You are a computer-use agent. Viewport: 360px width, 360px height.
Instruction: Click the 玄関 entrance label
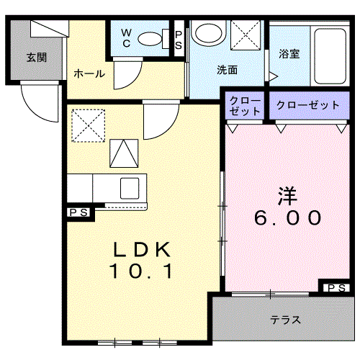point(37,57)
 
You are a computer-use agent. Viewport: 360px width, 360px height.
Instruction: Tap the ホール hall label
point(89,74)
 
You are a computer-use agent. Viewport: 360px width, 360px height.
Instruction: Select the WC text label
point(126,37)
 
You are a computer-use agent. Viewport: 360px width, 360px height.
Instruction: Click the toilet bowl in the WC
point(152,39)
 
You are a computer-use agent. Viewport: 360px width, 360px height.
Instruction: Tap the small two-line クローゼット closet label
point(246,106)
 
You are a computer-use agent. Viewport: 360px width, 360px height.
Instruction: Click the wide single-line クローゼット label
point(307,105)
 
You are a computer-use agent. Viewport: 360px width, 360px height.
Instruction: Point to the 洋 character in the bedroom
point(287,194)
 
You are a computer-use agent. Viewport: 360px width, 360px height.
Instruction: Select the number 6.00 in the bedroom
point(287,217)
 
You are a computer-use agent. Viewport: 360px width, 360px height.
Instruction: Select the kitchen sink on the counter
point(130,187)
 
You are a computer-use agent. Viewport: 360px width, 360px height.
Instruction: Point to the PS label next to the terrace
point(336,288)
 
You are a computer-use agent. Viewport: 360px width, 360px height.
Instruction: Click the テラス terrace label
point(286,320)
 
